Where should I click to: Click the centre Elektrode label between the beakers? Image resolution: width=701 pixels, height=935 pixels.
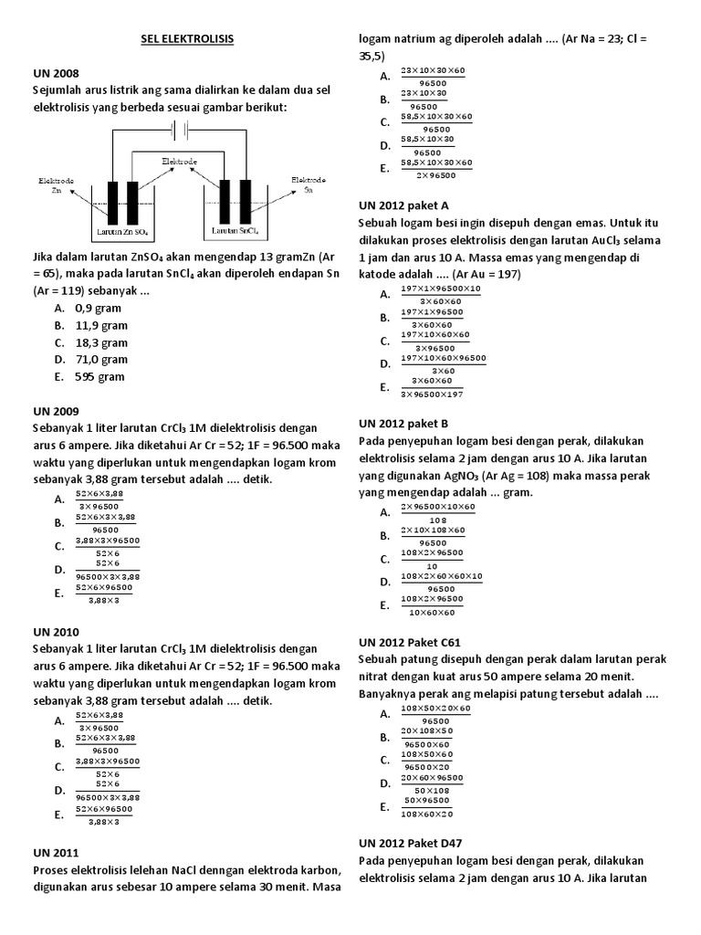click(x=179, y=161)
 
